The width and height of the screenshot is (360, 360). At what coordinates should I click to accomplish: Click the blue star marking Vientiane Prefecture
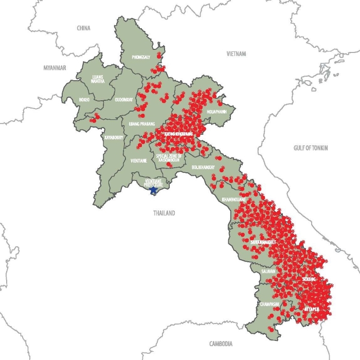tap(153, 190)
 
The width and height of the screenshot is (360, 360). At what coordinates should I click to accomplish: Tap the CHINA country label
tap(83, 28)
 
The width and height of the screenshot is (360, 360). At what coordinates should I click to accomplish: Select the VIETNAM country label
tap(237, 53)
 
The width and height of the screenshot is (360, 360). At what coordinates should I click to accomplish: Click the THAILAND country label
tap(164, 213)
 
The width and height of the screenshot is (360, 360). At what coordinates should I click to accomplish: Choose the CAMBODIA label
tap(221, 344)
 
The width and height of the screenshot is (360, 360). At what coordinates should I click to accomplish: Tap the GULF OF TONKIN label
tap(311, 148)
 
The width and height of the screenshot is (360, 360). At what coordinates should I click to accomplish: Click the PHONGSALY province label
tap(141, 57)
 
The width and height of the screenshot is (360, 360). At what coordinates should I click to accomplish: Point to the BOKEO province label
tap(84, 99)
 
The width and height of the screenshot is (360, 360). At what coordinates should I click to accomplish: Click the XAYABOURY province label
tap(113, 138)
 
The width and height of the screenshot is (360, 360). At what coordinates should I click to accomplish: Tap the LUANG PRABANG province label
tap(142, 123)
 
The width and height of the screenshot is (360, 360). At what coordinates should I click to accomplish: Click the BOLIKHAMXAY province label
tap(203, 168)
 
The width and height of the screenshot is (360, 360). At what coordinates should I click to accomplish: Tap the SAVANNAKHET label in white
tap(263, 241)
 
